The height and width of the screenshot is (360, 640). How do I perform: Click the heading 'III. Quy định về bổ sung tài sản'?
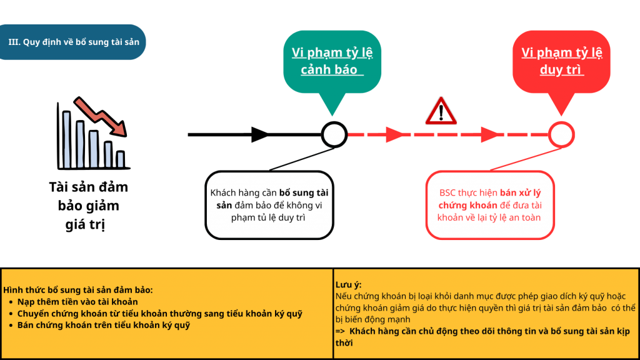tap(74, 42)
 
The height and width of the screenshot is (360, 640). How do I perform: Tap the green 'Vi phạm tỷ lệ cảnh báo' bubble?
tap(332, 61)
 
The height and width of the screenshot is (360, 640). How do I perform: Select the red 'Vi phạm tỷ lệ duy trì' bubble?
tap(561, 61)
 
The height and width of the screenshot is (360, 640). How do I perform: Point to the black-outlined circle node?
tap(334, 134)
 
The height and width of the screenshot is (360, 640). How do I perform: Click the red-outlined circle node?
tap(561, 134)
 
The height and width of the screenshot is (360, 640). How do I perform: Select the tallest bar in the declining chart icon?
tap(67, 140)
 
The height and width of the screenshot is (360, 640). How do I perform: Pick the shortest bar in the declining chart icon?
tap(121, 159)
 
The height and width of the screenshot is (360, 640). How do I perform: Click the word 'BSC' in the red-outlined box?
tap(448, 193)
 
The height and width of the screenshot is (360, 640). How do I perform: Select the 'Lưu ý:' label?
tap(348, 284)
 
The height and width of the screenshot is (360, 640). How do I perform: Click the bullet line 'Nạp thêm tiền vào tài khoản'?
tap(77, 302)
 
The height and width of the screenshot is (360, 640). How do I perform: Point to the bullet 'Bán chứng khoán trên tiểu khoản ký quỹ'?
tap(103, 325)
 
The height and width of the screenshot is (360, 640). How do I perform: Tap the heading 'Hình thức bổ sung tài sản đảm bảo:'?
tap(78, 290)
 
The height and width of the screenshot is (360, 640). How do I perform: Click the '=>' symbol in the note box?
tap(341, 331)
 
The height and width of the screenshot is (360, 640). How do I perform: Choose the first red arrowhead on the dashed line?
tap(395, 134)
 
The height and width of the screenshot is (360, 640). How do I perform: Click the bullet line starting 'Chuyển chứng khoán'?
tap(159, 314)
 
